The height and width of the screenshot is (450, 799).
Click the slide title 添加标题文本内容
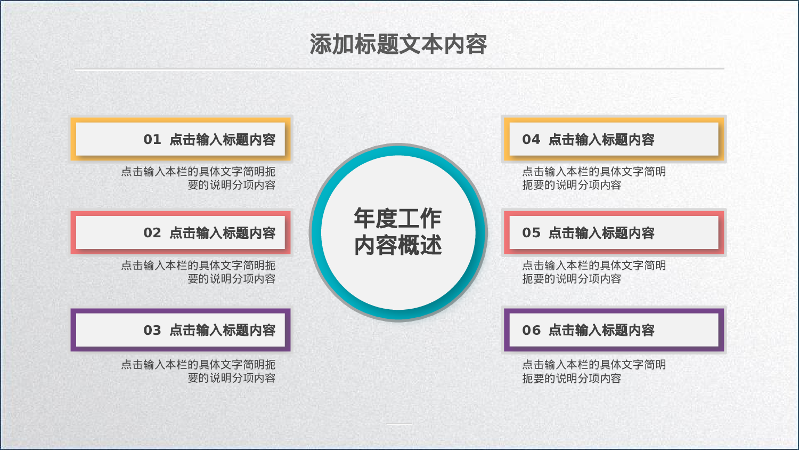point(398,44)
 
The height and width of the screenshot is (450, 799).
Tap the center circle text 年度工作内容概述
point(398,232)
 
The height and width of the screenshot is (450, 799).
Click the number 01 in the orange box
point(152,140)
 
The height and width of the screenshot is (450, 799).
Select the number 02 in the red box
point(152,233)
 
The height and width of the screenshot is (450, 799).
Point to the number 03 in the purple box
point(152,331)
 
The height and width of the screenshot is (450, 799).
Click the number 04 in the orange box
point(531,140)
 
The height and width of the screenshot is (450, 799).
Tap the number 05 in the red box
point(531,233)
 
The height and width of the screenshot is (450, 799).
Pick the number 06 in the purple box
point(531,331)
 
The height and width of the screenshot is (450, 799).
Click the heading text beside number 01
point(222,140)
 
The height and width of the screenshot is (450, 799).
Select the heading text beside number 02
point(222,233)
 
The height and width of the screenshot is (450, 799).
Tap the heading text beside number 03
point(222,331)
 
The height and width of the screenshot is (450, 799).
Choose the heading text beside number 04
point(601,140)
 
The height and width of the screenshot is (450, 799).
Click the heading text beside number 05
point(601,233)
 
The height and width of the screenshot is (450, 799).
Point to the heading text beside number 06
point(601,331)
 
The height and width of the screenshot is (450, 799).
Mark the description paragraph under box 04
point(593,178)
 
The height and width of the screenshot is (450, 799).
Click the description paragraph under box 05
point(593,272)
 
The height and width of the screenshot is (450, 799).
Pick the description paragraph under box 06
point(593,371)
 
